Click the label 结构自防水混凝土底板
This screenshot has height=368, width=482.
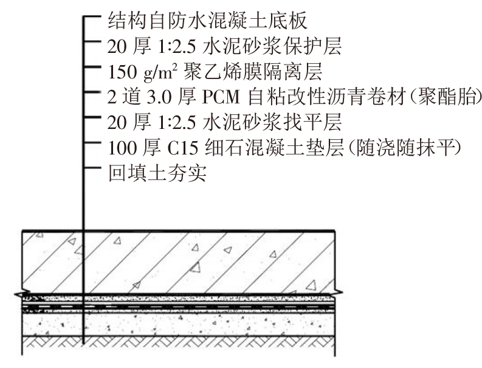click(207, 21)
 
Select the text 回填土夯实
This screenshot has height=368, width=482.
click(157, 173)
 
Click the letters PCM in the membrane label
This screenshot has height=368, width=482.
click(221, 97)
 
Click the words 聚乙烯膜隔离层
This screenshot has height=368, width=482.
click(253, 71)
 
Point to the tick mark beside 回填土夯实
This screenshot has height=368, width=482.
click(92, 168)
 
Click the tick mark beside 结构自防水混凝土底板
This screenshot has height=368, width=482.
click(92, 16)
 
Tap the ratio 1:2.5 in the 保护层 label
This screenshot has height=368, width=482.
click(177, 47)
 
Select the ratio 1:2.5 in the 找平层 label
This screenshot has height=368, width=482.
click(177, 123)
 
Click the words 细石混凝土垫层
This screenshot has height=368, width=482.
click(274, 148)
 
